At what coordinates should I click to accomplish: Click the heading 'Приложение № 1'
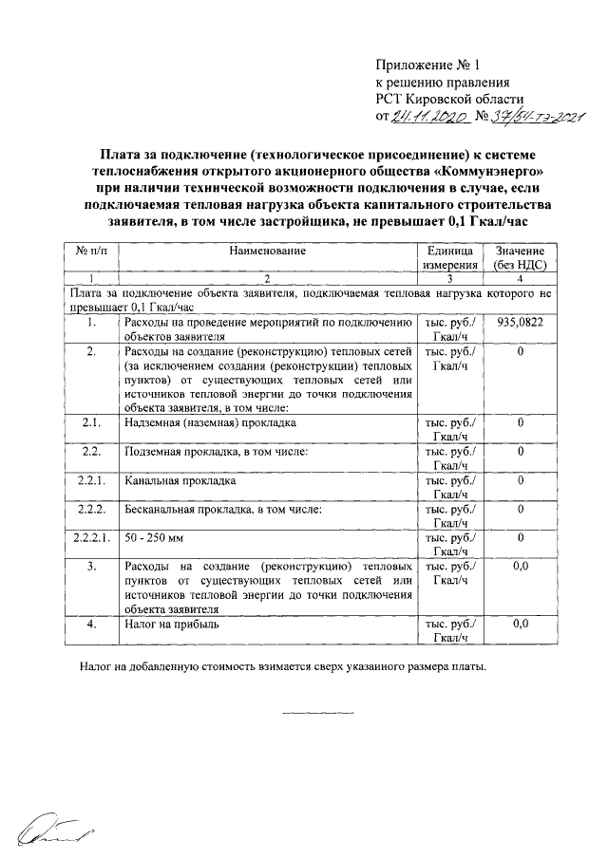coord(429,66)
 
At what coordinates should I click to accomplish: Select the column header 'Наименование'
coord(267,251)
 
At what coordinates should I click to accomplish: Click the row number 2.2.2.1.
coord(91,538)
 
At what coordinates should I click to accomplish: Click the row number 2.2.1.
coord(91,481)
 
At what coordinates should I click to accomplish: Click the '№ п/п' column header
coord(91,251)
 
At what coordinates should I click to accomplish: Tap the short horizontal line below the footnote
coord(317,712)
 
